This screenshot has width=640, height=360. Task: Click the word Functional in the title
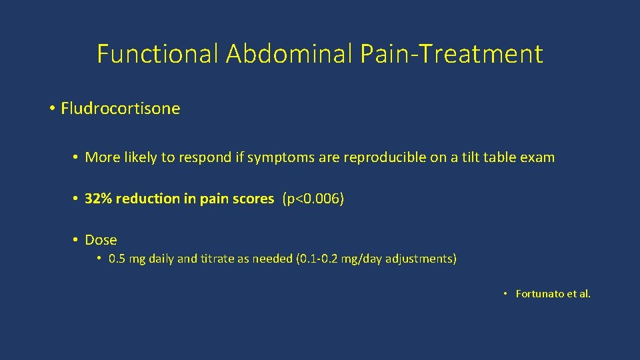[157, 54]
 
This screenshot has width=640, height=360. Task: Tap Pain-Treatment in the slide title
[451, 54]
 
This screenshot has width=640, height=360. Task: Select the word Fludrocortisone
[120, 109]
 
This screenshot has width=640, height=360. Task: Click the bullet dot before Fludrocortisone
[52, 109]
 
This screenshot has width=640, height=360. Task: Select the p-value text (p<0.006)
[313, 199]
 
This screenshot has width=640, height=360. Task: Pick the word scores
[254, 199]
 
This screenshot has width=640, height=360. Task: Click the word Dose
[101, 240]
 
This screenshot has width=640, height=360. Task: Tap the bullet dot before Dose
[77, 240]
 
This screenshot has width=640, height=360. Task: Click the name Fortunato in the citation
[540, 294]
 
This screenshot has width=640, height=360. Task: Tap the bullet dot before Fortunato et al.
[506, 294]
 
